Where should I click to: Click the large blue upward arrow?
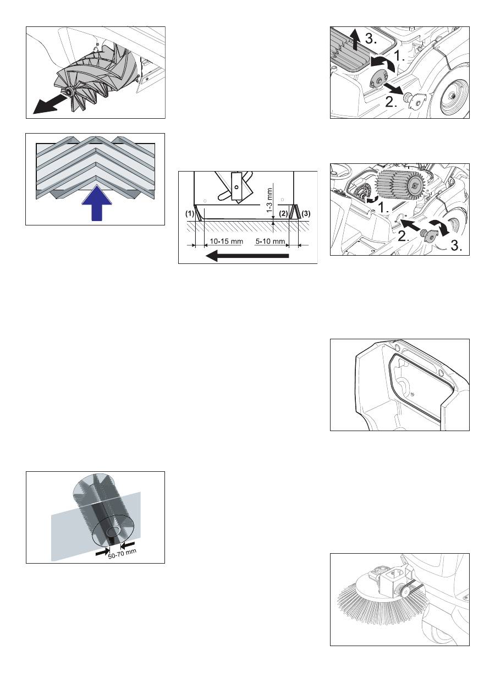point(97,203)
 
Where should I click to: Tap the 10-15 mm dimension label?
point(226,241)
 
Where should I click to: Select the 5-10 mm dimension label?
point(270,241)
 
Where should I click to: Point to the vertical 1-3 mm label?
point(270,200)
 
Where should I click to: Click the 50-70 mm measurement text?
point(122,554)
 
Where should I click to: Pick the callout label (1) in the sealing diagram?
point(189,214)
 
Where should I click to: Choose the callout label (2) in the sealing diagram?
point(283,214)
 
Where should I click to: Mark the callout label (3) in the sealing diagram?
point(306,214)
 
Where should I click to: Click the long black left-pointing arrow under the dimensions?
point(247,256)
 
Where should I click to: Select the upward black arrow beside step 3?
point(355,40)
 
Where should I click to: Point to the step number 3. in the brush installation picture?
point(457,246)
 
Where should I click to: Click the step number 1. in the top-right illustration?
point(399,56)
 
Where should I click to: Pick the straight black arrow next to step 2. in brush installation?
point(411,225)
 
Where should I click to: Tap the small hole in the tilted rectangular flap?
point(237,187)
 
